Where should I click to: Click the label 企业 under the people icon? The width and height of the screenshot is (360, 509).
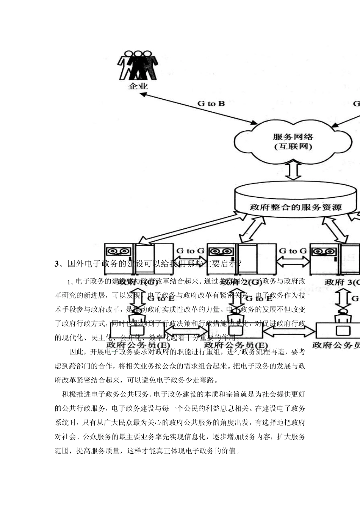pyautogui.click(x=138, y=86)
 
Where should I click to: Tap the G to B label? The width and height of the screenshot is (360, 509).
pyautogui.click(x=211, y=103)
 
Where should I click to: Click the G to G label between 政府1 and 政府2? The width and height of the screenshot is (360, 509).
pyautogui.click(x=190, y=251)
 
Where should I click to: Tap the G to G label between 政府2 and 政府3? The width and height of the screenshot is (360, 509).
pyautogui.click(x=293, y=251)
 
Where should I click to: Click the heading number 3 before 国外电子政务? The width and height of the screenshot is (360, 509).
pyautogui.click(x=57, y=264)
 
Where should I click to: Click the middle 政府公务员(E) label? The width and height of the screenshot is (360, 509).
pyautogui.click(x=236, y=345)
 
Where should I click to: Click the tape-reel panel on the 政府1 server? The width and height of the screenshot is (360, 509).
pyautogui.click(x=119, y=251)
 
